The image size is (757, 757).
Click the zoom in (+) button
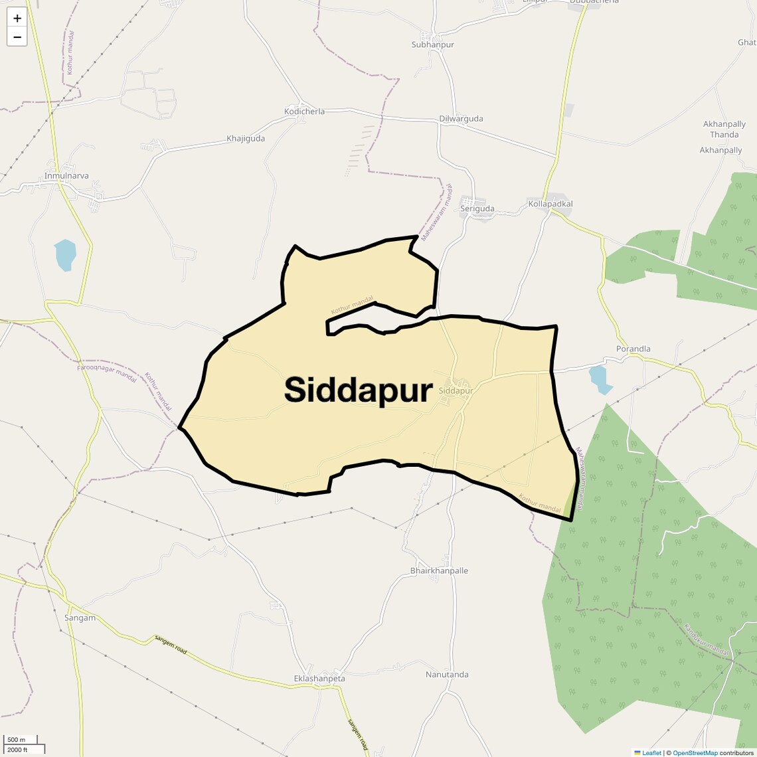[x=17, y=19]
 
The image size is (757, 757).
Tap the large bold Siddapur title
[x=358, y=390]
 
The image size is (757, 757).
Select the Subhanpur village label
[x=432, y=44]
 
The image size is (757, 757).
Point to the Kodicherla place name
[x=304, y=112]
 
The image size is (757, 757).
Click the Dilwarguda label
[x=461, y=119]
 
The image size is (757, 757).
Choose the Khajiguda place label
[x=246, y=139]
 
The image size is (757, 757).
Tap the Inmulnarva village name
[x=66, y=176]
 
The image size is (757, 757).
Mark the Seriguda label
[x=477, y=209]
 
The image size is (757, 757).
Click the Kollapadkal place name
[x=550, y=204]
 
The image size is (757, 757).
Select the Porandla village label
[x=633, y=349]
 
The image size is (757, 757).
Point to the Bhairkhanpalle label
[x=439, y=570]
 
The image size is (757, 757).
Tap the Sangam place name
[x=80, y=618]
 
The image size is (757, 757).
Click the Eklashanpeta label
[x=319, y=679]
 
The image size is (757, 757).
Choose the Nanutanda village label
[x=447, y=675]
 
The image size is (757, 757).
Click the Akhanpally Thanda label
[x=724, y=129]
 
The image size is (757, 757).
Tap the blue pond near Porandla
[x=600, y=378]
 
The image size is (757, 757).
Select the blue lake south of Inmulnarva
[x=65, y=254]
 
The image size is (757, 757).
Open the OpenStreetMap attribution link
[x=695, y=753]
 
